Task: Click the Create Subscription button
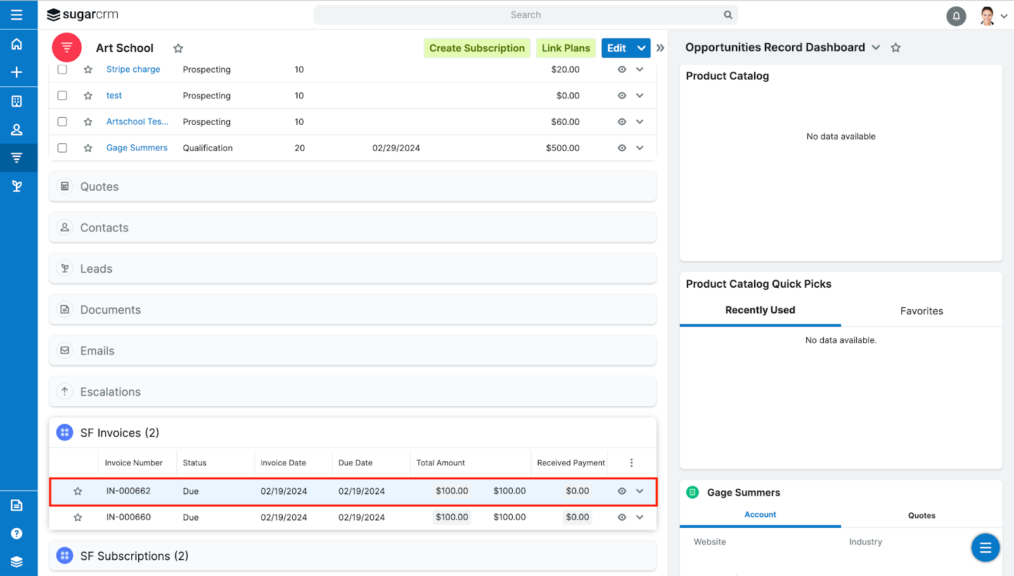pyautogui.click(x=477, y=48)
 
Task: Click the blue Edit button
pyautogui.click(x=616, y=48)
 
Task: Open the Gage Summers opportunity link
pyautogui.click(x=137, y=148)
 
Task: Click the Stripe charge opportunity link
pyautogui.click(x=133, y=69)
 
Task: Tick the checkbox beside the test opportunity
pyautogui.click(x=62, y=96)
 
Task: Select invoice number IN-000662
pyautogui.click(x=128, y=491)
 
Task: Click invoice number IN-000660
pyautogui.click(x=128, y=517)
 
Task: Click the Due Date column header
pyautogui.click(x=356, y=463)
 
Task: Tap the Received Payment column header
pyautogui.click(x=570, y=463)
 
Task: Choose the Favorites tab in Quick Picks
pyautogui.click(x=921, y=311)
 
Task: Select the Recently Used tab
pyautogui.click(x=760, y=310)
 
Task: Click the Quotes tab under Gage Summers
pyautogui.click(x=921, y=516)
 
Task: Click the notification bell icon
pyautogui.click(x=956, y=16)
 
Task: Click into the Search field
pyautogui.click(x=525, y=15)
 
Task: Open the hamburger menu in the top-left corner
pyautogui.click(x=16, y=15)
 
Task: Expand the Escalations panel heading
pyautogui.click(x=110, y=392)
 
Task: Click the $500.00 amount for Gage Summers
pyautogui.click(x=563, y=148)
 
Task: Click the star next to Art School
pyautogui.click(x=178, y=49)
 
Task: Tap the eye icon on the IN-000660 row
pyautogui.click(x=622, y=517)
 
